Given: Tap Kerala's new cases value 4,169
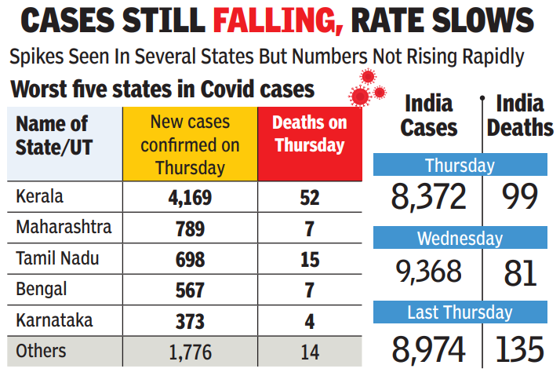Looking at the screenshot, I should point(190,197).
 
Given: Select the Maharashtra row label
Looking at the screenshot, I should point(64,228).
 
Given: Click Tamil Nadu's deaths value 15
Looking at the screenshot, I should point(309,259).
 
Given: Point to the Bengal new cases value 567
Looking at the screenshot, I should point(190,290).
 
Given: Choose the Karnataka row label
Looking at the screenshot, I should point(54,320).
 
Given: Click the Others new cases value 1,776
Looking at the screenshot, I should point(190,352).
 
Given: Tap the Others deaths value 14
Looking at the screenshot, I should point(309,352).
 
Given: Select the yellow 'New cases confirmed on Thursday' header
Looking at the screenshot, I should point(190,144).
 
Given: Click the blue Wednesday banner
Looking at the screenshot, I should point(460,238).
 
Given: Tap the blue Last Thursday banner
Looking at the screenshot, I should point(460,312).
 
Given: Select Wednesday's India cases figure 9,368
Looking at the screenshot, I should point(429,273).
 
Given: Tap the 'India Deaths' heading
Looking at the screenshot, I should point(520,115).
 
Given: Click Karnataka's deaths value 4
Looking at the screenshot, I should point(309,321).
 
